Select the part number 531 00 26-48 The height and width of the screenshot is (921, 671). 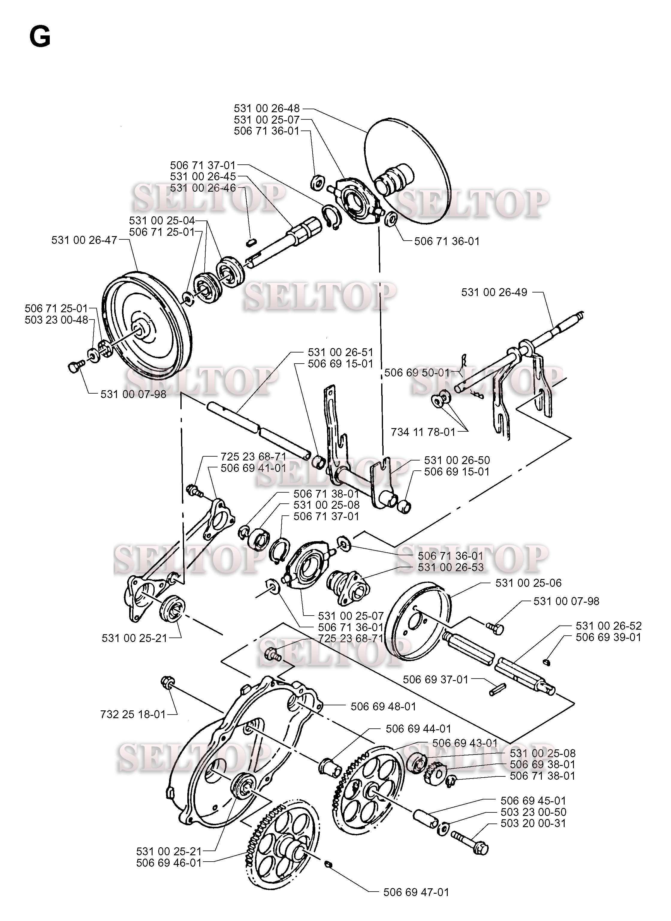pyautogui.click(x=266, y=109)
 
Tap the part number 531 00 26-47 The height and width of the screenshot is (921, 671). pyautogui.click(x=84, y=240)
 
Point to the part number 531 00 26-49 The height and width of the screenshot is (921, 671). pyautogui.click(x=494, y=292)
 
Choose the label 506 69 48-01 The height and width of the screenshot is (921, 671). pyautogui.click(x=383, y=707)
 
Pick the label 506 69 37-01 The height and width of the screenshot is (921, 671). pyautogui.click(x=435, y=679)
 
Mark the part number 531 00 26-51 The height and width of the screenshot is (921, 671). pyautogui.click(x=340, y=352)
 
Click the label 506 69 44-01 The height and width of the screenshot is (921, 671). pyautogui.click(x=418, y=729)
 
